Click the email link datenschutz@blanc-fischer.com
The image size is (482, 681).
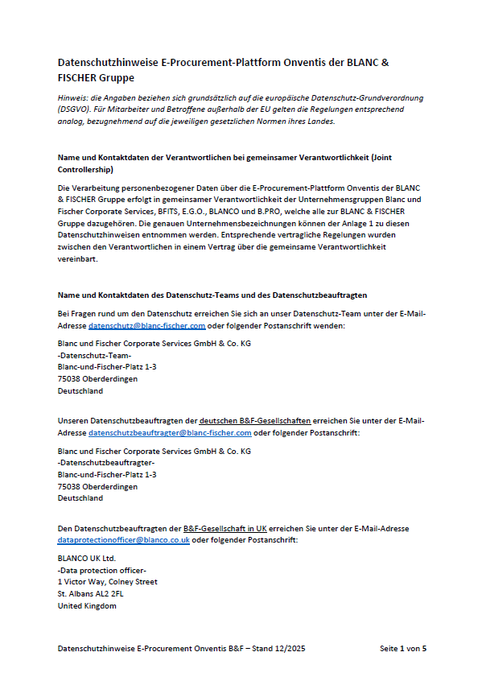[x=146, y=325]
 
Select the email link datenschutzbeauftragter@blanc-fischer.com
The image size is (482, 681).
[x=170, y=432]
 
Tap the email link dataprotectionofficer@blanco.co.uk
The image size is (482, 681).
[x=123, y=540]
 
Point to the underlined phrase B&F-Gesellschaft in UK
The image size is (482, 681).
[x=225, y=528]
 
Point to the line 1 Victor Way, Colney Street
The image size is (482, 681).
[x=108, y=581]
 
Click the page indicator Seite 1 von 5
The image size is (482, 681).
[x=402, y=648]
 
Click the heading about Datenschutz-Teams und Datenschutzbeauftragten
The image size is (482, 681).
[x=213, y=295]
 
